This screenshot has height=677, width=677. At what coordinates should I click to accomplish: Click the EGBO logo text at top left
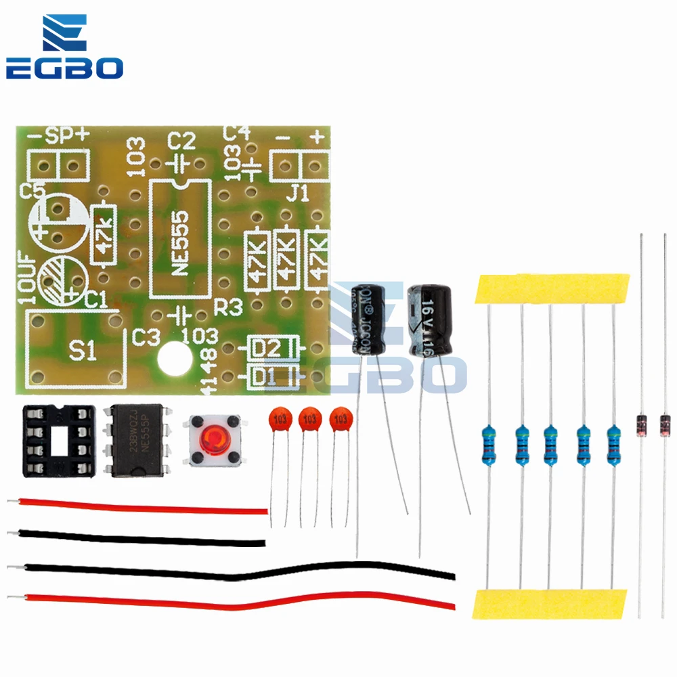click(64, 68)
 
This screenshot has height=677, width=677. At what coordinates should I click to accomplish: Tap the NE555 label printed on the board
click(180, 241)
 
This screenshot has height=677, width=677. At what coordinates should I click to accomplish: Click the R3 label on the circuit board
click(227, 308)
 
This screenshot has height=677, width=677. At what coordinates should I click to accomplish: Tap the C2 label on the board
click(181, 141)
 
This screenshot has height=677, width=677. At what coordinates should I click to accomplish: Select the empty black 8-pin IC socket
click(57, 439)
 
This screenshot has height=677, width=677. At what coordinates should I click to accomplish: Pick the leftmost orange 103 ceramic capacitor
click(278, 419)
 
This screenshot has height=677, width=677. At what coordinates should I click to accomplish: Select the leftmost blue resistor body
click(489, 445)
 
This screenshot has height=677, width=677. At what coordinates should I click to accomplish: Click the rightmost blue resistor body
click(614, 445)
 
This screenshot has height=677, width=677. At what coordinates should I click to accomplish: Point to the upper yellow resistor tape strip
click(552, 289)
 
